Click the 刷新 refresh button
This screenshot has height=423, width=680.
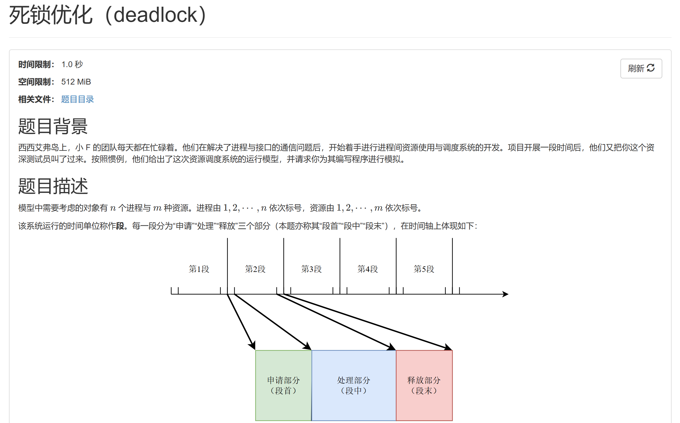[641, 69]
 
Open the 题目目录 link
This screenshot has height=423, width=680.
[77, 99]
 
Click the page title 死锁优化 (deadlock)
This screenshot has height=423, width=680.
[108, 15]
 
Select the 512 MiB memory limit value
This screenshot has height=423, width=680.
[76, 82]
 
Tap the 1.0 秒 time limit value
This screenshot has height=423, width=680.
[72, 64]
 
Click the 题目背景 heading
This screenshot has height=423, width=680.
[53, 126]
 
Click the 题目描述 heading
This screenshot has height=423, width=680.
[53, 186]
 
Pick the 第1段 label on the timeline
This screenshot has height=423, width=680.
[199, 269]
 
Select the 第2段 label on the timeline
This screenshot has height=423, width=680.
[255, 269]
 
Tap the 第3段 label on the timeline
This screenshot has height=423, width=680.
[312, 269]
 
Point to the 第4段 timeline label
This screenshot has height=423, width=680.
[368, 269]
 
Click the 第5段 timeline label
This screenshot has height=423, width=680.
[424, 269]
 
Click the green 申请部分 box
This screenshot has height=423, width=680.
[283, 386]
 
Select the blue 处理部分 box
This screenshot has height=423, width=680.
[354, 386]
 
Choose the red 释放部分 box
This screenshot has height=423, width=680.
[424, 386]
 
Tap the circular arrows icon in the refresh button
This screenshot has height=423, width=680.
[651, 68]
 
